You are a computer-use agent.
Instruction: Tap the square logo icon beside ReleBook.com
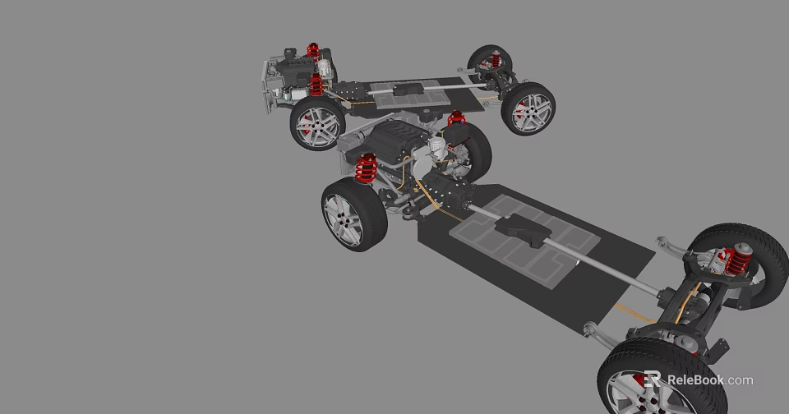point(653,379)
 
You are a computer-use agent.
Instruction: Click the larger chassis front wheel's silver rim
point(344,219)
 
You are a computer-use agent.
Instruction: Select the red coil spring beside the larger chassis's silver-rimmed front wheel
point(366,168)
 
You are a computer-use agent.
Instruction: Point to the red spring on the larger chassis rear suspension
point(737,260)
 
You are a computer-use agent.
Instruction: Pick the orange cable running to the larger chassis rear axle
point(633,312)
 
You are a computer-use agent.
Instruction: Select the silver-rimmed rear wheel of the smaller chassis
point(528,109)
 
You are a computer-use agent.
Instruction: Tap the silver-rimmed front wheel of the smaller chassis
point(317,125)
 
